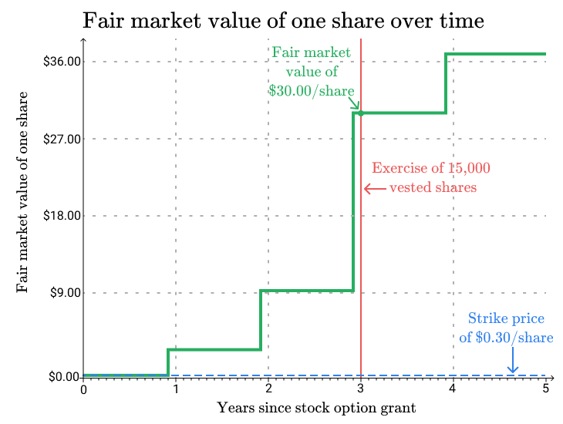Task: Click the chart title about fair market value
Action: point(283,20)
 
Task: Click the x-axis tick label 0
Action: point(83,389)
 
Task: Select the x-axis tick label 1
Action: point(176,389)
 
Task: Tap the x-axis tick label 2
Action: point(268,389)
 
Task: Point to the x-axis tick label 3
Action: point(361,389)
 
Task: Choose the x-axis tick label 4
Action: point(453,389)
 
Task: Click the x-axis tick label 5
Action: point(546,389)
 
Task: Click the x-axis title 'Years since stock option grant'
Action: point(317,407)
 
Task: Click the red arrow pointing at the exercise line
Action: point(374,188)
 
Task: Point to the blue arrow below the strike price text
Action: point(513,361)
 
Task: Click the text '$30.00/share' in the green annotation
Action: point(312,89)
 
